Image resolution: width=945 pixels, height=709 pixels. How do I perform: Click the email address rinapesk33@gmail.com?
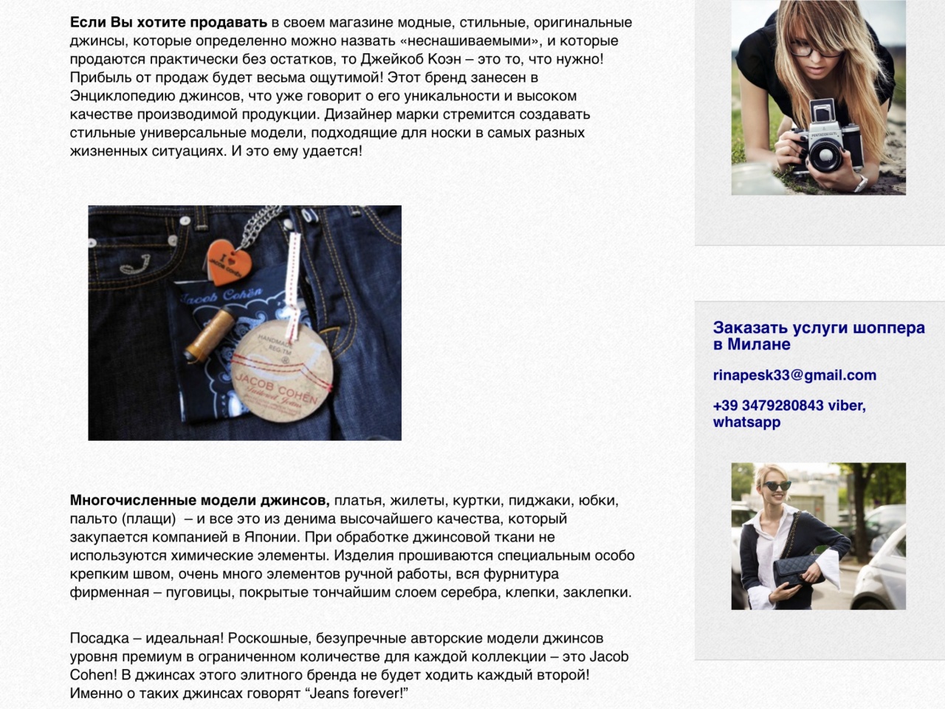click(x=794, y=375)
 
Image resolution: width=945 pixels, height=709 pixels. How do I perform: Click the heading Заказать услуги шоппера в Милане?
click(x=819, y=336)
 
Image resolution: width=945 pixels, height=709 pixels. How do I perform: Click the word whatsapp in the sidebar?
click(x=746, y=422)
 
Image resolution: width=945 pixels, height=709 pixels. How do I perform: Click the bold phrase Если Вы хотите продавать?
click(x=169, y=22)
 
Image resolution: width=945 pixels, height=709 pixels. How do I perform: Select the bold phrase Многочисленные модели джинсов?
click(x=200, y=500)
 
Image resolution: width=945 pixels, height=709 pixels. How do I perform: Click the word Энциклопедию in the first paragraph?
click(x=123, y=96)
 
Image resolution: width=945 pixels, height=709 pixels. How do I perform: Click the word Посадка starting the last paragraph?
click(x=100, y=638)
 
